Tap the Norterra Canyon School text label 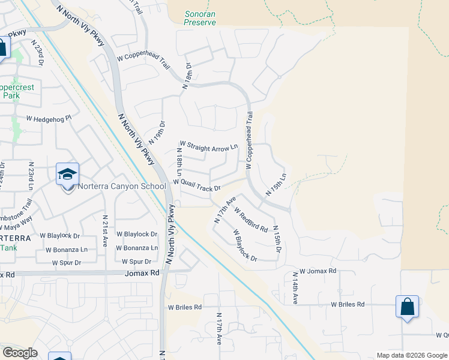tap(121, 186)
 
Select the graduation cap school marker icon tap(68, 175)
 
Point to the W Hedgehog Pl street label tap(49, 119)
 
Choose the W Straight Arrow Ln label tap(208, 145)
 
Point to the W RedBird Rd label tap(251, 220)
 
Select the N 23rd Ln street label tap(30, 176)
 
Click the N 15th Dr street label tap(277, 239)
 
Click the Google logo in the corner tap(20, 353)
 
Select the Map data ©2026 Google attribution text tap(411, 355)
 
